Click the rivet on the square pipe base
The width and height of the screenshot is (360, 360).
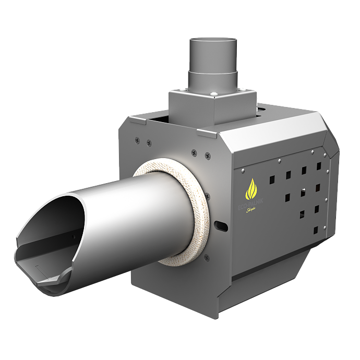coord(215,94)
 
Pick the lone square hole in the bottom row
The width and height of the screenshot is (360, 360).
coord(315,230)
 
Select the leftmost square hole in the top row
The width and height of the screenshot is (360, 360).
coord(271,178)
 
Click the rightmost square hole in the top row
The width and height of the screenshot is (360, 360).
coord(318,166)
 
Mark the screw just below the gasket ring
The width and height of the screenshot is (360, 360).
coord(207,257)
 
